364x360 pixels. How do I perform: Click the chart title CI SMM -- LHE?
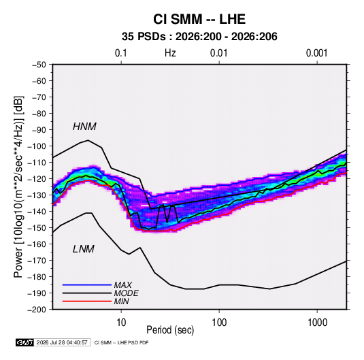coord(199,19)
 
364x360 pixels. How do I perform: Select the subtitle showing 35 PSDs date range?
coord(199,37)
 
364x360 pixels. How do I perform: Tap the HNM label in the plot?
coord(84,127)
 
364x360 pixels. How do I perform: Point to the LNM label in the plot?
coord(84,249)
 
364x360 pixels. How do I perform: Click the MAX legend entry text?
coord(123,285)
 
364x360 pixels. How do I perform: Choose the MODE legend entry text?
coord(127,293)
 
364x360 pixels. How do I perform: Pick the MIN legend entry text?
coord(121,301)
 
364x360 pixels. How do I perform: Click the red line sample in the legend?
coord(87,301)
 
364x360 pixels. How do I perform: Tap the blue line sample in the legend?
coord(87,285)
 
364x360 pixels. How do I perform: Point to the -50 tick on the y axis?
coord(39,65)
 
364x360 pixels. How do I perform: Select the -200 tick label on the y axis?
coord(37,310)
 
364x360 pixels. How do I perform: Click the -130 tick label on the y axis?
coord(37,195)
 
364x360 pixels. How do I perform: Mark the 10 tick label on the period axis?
coord(121,323)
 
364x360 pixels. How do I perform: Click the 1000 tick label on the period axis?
coord(317,323)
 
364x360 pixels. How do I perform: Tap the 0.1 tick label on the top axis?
coord(121,53)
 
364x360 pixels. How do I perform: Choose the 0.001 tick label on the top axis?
coord(316,53)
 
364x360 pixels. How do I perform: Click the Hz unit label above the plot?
coord(170,53)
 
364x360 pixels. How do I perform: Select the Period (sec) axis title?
coord(170,330)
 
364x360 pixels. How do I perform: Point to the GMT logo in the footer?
coord(25,342)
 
